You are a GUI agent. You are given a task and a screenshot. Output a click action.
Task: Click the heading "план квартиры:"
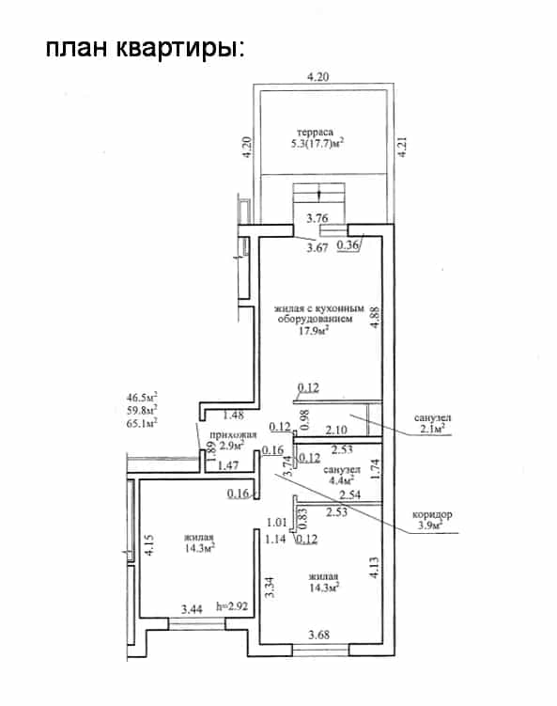pyautogui.click(x=146, y=48)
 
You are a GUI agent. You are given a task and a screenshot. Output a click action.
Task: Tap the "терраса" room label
pyautogui.click(x=316, y=132)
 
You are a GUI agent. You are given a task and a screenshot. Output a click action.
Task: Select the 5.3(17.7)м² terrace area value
pyautogui.click(x=317, y=144)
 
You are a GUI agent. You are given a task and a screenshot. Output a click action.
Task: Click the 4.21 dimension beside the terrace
pyautogui.click(x=403, y=147)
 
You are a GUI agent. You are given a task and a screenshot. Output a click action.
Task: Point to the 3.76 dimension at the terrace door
pyautogui.click(x=317, y=218)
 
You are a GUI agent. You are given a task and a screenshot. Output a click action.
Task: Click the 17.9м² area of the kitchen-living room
pyautogui.click(x=314, y=331)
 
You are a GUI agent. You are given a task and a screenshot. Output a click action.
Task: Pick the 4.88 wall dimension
pyautogui.click(x=375, y=317)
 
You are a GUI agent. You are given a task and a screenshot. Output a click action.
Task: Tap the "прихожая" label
pyautogui.click(x=233, y=435)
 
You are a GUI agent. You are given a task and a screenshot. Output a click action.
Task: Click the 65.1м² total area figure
pyautogui.click(x=142, y=423)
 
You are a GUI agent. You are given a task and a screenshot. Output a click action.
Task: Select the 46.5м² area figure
pyautogui.click(x=142, y=398)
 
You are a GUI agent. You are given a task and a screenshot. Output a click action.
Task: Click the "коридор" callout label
pyautogui.click(x=432, y=514)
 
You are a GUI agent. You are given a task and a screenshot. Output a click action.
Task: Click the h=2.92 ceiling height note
pyautogui.click(x=232, y=606)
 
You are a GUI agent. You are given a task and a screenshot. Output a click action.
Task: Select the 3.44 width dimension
pyautogui.click(x=192, y=610)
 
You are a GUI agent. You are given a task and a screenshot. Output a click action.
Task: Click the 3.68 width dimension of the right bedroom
pyautogui.click(x=318, y=635)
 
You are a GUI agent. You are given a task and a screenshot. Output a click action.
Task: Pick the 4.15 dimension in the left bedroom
pyautogui.click(x=149, y=544)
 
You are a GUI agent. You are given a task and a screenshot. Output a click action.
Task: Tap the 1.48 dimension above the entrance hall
pyautogui.click(x=233, y=415)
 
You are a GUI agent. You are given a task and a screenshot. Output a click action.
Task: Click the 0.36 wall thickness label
pyautogui.click(x=348, y=245)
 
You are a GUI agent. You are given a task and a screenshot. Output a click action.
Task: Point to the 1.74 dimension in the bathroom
pyautogui.click(x=375, y=468)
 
